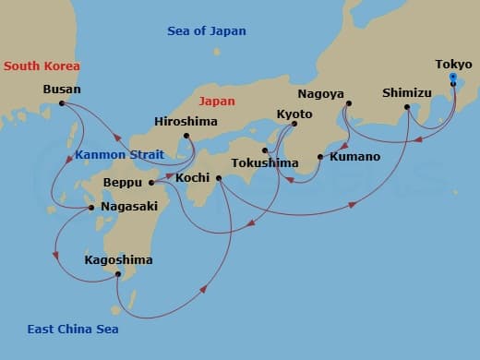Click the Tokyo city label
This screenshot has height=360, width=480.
(x=452, y=65)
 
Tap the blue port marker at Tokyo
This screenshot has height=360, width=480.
(x=452, y=78)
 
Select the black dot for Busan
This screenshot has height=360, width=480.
(x=62, y=103)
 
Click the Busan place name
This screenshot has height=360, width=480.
(x=62, y=90)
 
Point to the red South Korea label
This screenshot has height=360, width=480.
(x=42, y=66)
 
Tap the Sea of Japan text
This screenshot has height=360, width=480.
(x=207, y=30)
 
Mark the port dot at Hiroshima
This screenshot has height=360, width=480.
(x=186, y=136)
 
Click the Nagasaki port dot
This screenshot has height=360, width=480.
(x=90, y=208)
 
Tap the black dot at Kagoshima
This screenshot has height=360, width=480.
(x=117, y=274)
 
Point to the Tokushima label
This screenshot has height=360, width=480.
(x=265, y=163)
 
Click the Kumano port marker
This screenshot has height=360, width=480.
(x=319, y=157)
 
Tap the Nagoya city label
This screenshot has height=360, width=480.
(x=321, y=94)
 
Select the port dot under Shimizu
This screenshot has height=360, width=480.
(x=407, y=108)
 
